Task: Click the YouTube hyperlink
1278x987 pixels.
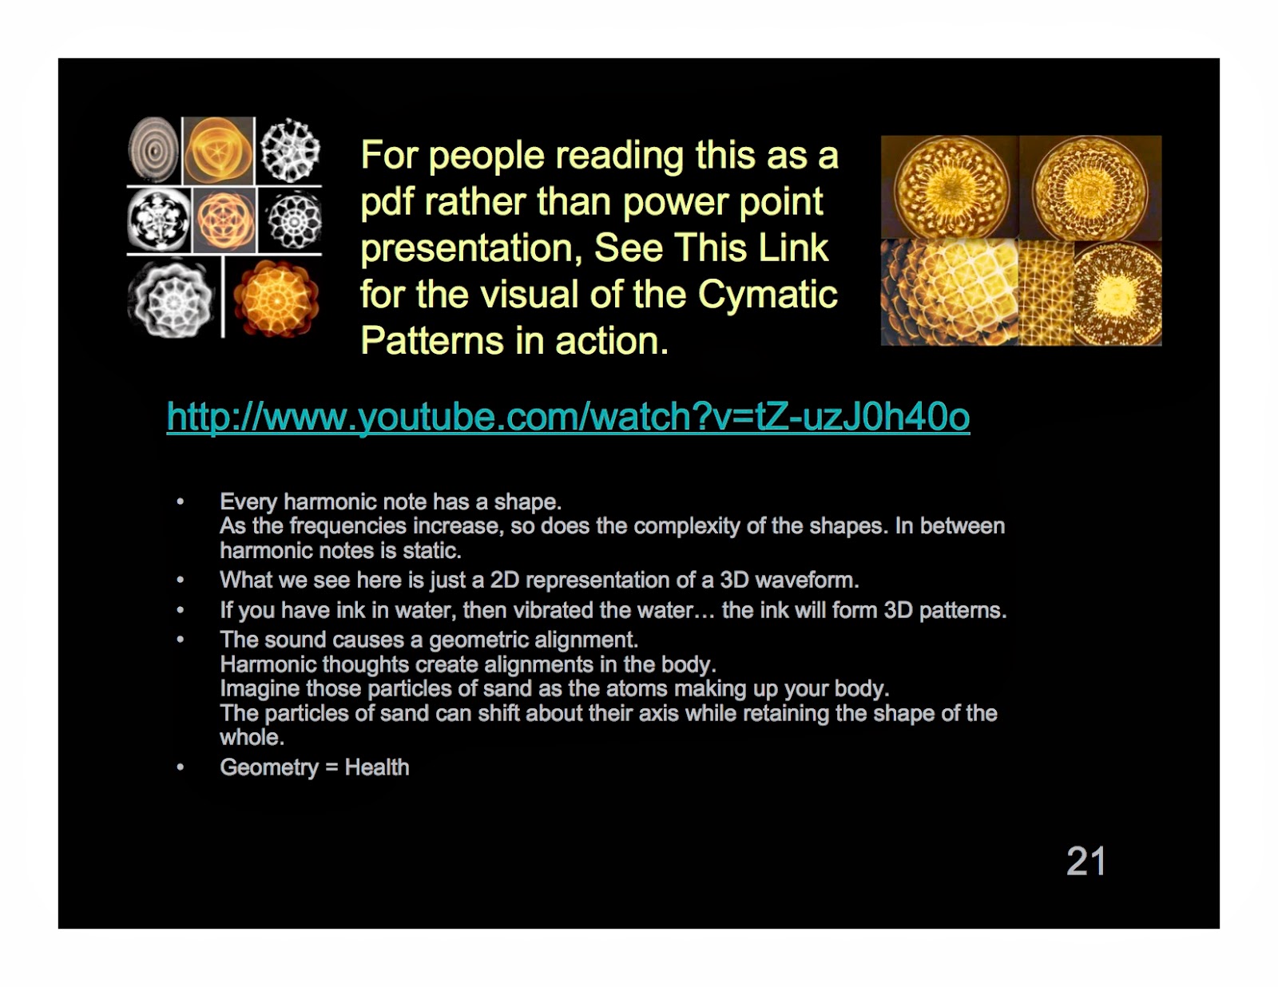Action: click(568, 417)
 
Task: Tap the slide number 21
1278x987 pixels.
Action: click(1086, 862)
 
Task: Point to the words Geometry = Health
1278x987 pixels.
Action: click(314, 767)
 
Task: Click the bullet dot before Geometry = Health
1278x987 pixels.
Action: click(181, 767)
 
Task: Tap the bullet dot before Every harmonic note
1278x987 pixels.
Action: click(181, 501)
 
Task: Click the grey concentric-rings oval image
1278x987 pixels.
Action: click(153, 149)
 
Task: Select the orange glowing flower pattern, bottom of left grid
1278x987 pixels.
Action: click(276, 299)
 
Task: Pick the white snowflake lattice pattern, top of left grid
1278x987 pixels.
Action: click(291, 149)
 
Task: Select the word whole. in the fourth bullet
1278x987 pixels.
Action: click(252, 737)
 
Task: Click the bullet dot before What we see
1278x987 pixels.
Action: click(181, 580)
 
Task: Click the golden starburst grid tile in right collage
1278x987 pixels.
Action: click(1046, 293)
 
